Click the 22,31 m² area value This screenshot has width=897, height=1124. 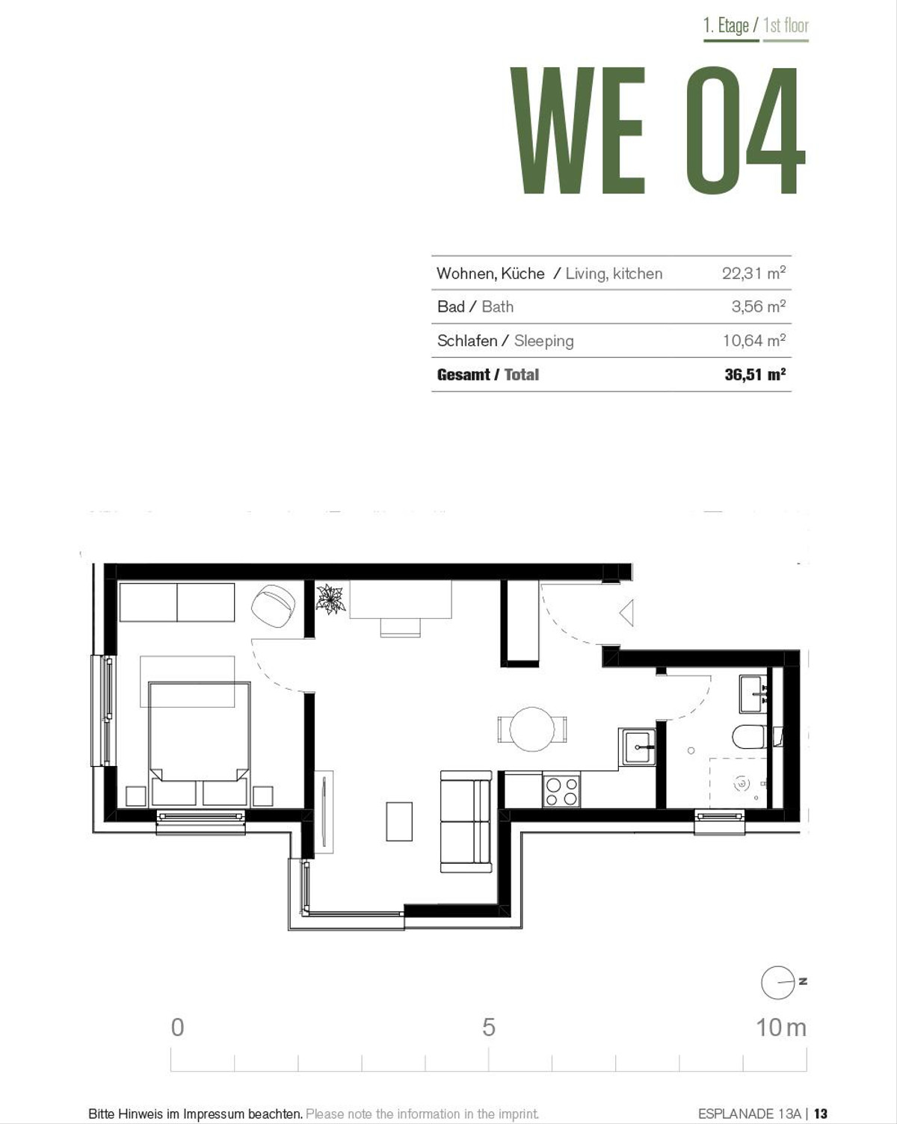(x=753, y=274)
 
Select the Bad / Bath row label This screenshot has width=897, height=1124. (x=475, y=306)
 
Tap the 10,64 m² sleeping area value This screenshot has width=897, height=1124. (x=754, y=341)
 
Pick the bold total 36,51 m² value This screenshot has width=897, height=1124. (x=755, y=374)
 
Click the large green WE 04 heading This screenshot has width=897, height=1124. (x=657, y=131)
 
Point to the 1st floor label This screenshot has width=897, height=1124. (x=786, y=25)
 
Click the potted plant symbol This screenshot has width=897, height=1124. (x=330, y=599)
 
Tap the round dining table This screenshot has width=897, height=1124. (x=531, y=729)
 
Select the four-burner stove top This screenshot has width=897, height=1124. (x=561, y=791)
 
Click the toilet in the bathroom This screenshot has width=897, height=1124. (x=750, y=737)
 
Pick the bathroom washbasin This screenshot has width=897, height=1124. (x=753, y=694)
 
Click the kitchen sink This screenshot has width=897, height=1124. (x=637, y=747)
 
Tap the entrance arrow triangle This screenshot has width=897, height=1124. (x=627, y=613)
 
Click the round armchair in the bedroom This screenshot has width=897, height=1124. (x=274, y=606)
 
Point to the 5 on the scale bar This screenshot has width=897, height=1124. (x=488, y=1028)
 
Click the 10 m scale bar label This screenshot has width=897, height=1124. (x=781, y=1028)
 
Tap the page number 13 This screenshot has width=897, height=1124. (x=821, y=1114)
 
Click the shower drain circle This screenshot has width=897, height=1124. (x=742, y=783)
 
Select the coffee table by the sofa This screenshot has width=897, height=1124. (x=399, y=821)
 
